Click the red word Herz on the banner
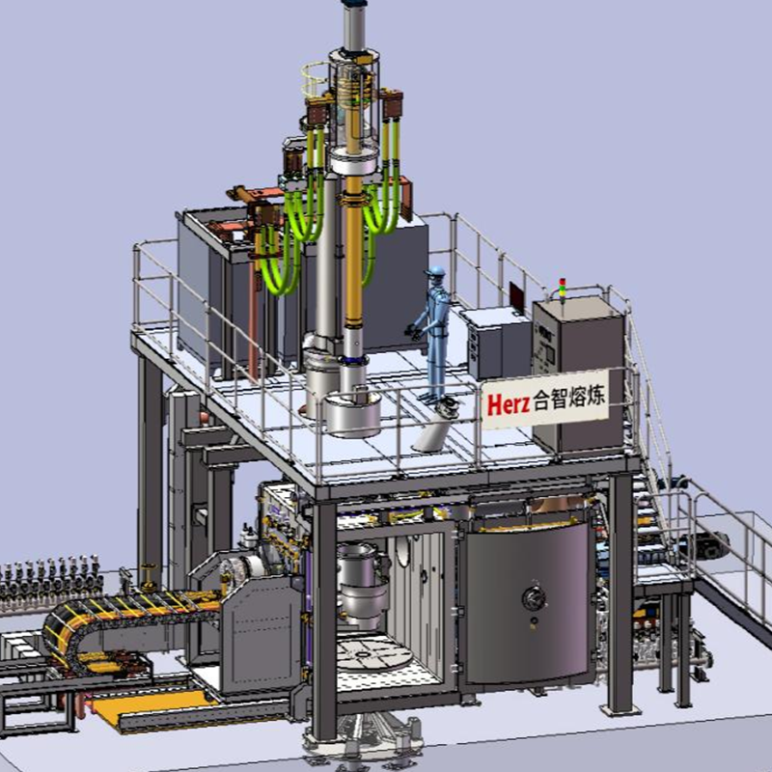click(509, 403)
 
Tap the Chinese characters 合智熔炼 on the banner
click(569, 397)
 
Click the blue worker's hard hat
click(436, 272)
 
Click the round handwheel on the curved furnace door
click(534, 597)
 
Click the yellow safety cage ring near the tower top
click(316, 81)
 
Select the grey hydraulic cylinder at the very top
click(354, 25)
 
